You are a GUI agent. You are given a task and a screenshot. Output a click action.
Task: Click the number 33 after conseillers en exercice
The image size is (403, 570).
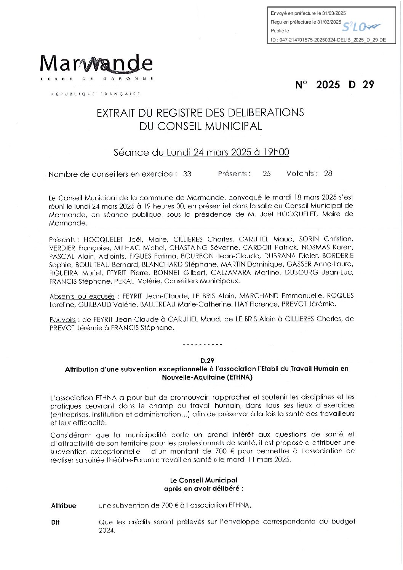187,174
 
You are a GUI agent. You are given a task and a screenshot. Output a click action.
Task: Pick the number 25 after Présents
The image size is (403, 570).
267,174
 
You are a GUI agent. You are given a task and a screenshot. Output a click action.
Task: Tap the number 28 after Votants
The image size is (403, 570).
328,174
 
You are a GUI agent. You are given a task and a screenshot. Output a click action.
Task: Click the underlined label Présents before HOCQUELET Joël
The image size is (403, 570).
62,240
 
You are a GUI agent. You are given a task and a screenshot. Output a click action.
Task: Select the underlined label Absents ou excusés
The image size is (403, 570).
82,296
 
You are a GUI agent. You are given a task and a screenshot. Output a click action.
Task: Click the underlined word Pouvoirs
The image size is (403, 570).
62,320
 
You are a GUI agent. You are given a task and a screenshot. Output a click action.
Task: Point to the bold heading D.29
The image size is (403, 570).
208,360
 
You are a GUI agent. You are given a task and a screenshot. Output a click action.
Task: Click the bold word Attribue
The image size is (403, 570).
64,506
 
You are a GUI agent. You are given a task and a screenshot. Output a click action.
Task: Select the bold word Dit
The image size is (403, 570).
55,522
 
